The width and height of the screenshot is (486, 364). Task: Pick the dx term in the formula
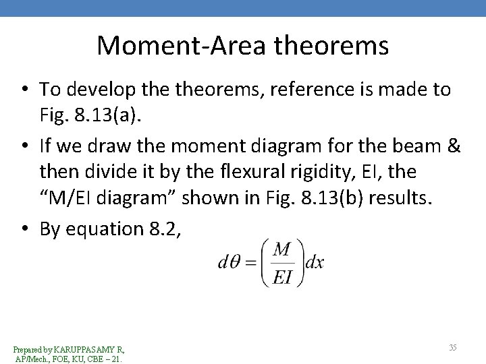[314, 262]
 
